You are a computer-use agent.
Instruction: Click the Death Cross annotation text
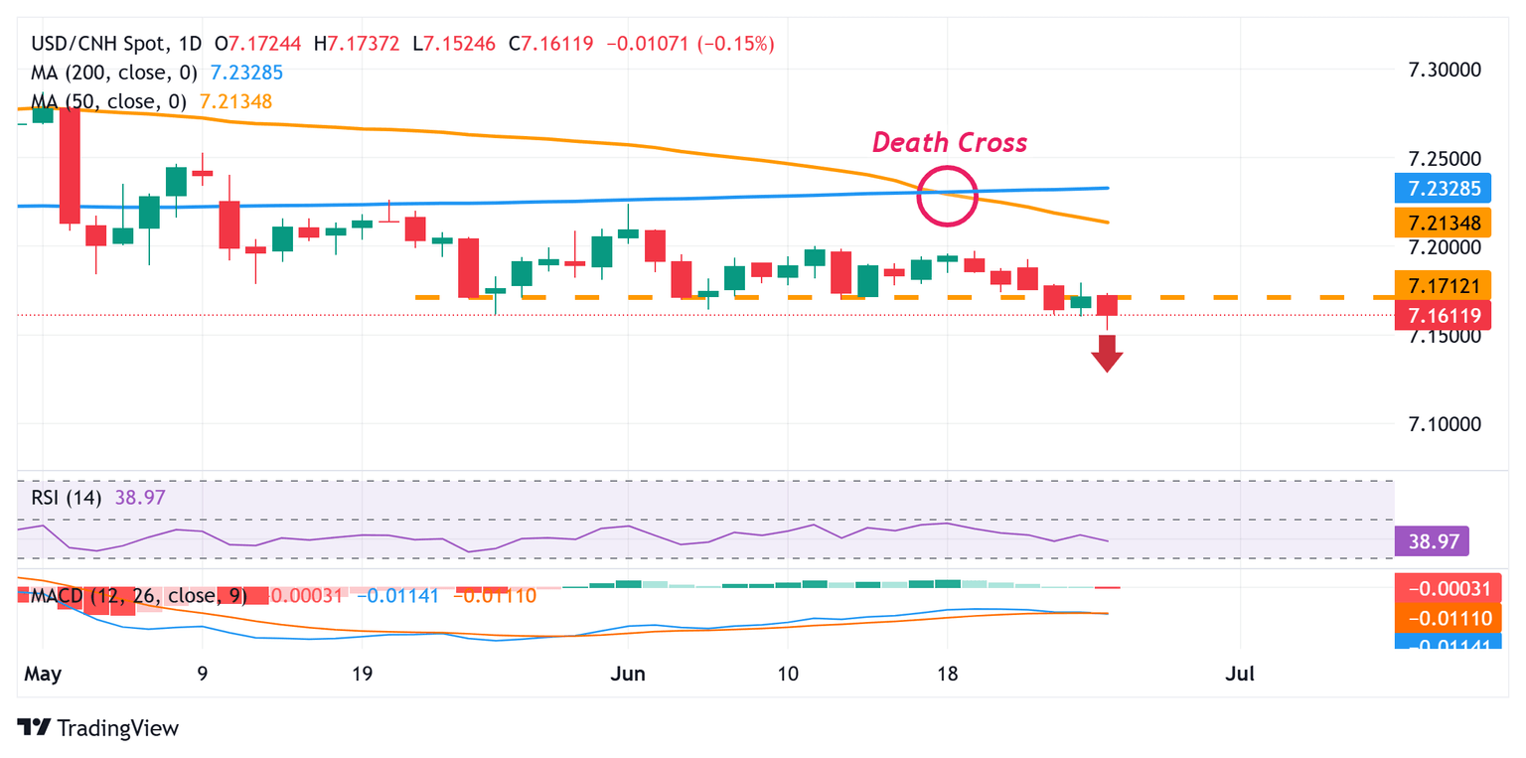(949, 143)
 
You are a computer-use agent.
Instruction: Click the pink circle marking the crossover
(948, 196)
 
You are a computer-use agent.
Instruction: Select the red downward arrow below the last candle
(1107, 353)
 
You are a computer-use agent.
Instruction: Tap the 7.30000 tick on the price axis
(1452, 71)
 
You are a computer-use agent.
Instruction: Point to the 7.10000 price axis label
(1452, 424)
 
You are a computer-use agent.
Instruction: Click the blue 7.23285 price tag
(1443, 188)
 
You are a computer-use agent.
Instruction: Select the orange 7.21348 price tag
(1443, 222)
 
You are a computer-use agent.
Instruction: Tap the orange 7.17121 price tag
(1443, 286)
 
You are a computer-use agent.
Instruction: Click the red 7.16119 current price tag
(1443, 316)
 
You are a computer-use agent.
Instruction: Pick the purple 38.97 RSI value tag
(1432, 541)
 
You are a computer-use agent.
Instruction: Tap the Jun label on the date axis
(628, 674)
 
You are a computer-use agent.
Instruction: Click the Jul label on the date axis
(1240, 674)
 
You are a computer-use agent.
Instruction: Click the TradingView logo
(98, 727)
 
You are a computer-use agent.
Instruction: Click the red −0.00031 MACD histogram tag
(1443, 588)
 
